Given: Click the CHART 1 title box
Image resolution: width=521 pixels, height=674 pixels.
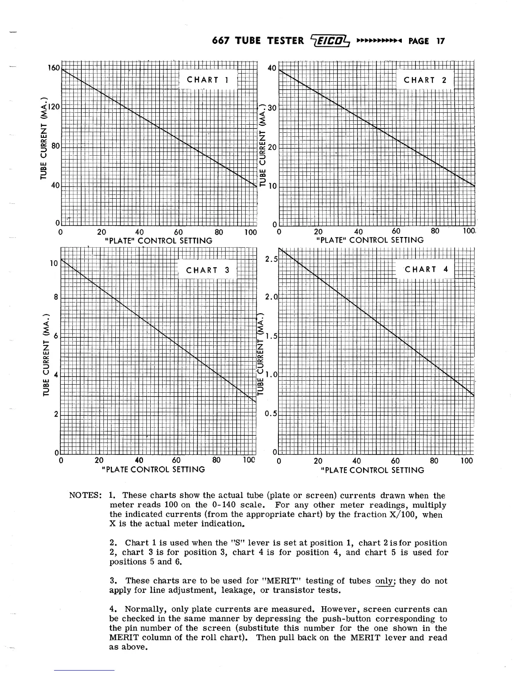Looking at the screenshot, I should (208, 80).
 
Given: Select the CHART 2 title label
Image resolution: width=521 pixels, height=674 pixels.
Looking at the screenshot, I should (425, 80).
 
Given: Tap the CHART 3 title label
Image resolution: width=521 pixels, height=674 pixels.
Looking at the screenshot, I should (208, 270).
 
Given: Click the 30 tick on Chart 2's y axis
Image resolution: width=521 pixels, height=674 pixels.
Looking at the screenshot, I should (272, 108).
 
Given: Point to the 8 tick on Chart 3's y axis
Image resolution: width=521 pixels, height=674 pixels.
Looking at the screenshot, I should (56, 297).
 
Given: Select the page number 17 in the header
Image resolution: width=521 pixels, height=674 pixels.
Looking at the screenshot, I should (440, 41).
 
